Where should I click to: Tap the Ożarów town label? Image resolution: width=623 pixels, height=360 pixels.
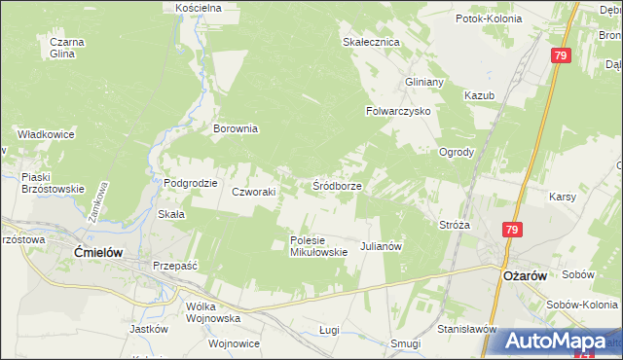click(526, 275)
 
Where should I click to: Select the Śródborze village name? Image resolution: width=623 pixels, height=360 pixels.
click(338, 185)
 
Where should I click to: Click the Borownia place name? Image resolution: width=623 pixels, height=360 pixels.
click(236, 127)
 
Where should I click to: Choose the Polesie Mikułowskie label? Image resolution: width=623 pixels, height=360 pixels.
click(318, 246)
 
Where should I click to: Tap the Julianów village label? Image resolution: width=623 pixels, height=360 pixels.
click(382, 247)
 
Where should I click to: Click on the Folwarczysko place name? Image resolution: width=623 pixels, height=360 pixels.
click(397, 111)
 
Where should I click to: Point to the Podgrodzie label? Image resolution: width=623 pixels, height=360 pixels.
click(190, 183)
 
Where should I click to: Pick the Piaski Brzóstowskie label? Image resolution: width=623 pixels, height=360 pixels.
click(54, 183)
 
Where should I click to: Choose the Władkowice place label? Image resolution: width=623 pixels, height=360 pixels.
click(45, 134)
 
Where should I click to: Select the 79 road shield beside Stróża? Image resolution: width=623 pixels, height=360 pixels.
click(512, 230)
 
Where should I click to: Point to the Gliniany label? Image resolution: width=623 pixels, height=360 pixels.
click(424, 82)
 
